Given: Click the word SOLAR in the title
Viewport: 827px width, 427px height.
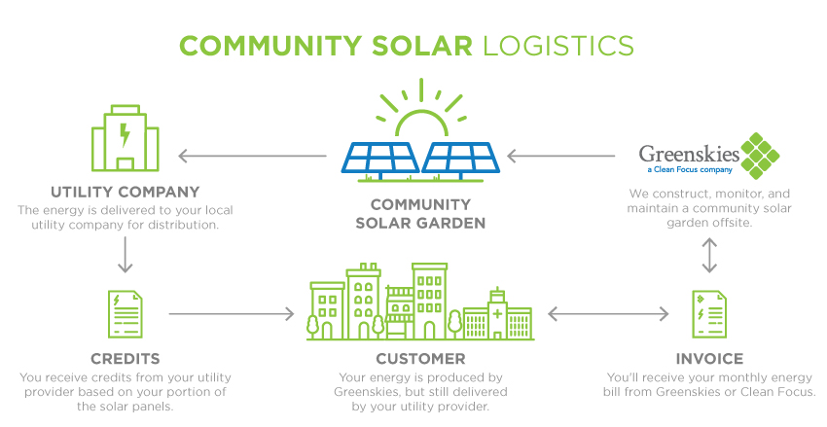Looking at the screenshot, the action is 422,46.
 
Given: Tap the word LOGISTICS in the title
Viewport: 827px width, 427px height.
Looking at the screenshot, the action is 558,46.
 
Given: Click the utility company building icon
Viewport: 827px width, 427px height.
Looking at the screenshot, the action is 125,138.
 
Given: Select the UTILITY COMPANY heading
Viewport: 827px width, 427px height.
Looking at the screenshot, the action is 125,192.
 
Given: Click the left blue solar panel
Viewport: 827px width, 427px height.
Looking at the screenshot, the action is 379,159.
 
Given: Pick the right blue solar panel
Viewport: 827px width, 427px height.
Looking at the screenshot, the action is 461,159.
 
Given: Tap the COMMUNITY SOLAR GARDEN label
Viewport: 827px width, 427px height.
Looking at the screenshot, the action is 420,214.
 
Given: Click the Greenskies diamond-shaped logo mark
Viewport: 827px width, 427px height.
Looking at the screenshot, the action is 760,156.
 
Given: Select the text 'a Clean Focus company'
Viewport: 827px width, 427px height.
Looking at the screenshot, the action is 690,170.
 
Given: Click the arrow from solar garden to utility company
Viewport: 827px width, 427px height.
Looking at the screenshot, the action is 253,156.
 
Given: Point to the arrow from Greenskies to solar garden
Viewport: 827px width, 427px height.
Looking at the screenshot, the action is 560,156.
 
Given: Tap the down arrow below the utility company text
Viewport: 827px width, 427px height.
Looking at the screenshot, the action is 125,255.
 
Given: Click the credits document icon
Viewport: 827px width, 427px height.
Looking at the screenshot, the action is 125,314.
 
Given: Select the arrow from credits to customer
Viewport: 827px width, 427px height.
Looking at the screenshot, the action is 232,314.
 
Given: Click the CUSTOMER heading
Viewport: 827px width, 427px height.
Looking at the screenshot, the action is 420,359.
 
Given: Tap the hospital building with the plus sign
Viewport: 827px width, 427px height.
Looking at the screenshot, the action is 498,314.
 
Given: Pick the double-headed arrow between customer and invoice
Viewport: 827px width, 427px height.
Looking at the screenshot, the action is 608,314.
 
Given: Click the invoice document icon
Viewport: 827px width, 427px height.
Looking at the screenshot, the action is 709,314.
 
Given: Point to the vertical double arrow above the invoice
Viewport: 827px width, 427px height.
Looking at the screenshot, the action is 709,255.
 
